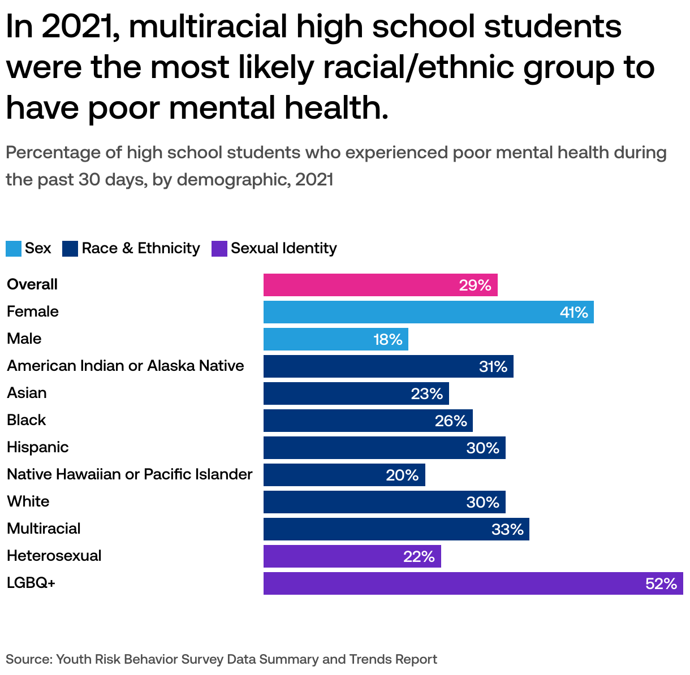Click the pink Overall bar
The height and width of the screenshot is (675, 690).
pyautogui.click(x=380, y=285)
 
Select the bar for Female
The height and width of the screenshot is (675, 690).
pyautogui.click(x=428, y=312)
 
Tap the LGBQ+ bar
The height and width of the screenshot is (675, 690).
pyautogui.click(x=473, y=583)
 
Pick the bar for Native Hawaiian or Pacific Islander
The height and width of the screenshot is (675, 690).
pyautogui.click(x=344, y=475)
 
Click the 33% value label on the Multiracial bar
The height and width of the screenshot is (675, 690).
pyautogui.click(x=507, y=530)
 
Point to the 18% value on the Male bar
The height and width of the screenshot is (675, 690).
pyautogui.click(x=387, y=340)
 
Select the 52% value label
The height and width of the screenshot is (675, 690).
pyautogui.click(x=661, y=584)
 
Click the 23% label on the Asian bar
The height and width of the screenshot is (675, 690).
pyautogui.click(x=426, y=394)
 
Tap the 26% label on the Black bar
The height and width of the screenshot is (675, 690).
pyautogui.click(x=451, y=421)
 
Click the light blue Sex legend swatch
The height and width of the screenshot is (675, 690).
pyautogui.click(x=14, y=249)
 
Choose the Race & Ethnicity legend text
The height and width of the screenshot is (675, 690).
pyautogui.click(x=140, y=248)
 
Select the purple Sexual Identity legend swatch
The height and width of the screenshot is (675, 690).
pyautogui.click(x=219, y=249)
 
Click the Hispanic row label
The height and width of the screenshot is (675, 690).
pyautogui.click(x=37, y=447)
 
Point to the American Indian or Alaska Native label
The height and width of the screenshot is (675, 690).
pyautogui.click(x=125, y=366)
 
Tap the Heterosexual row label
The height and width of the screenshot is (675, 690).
pyautogui.click(x=54, y=556)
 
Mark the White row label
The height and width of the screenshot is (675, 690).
pyautogui.click(x=28, y=501)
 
